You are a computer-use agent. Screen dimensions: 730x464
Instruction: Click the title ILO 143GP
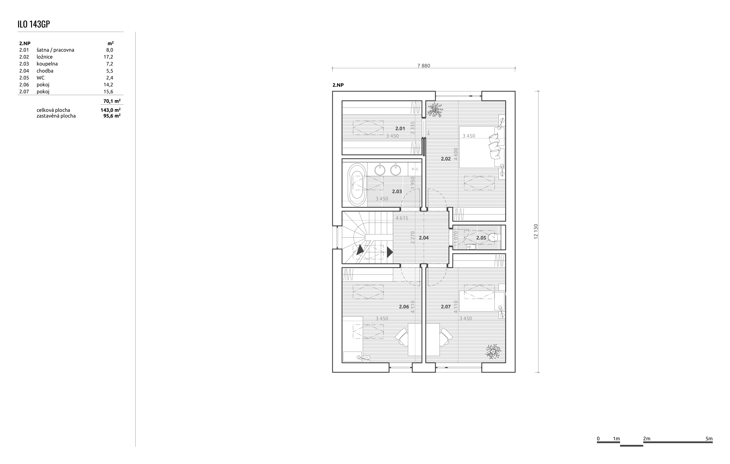[34, 24]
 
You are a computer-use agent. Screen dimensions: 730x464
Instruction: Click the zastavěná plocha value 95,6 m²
[112, 116]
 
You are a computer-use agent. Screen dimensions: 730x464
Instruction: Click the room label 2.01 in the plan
[400, 128]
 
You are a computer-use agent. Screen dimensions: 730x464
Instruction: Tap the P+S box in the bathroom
[415, 169]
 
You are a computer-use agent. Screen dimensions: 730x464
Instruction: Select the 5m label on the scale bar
[709, 439]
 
